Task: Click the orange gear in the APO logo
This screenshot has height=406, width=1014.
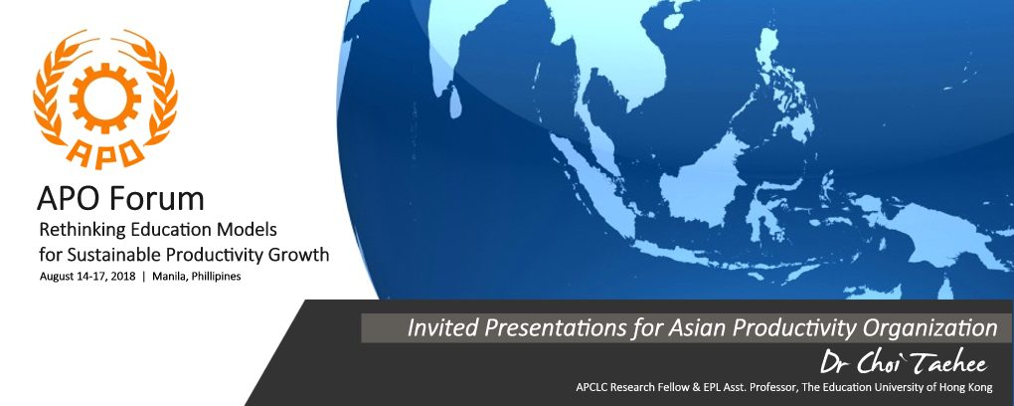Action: (104, 98)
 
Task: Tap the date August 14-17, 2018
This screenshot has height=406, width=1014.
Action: (87, 277)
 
